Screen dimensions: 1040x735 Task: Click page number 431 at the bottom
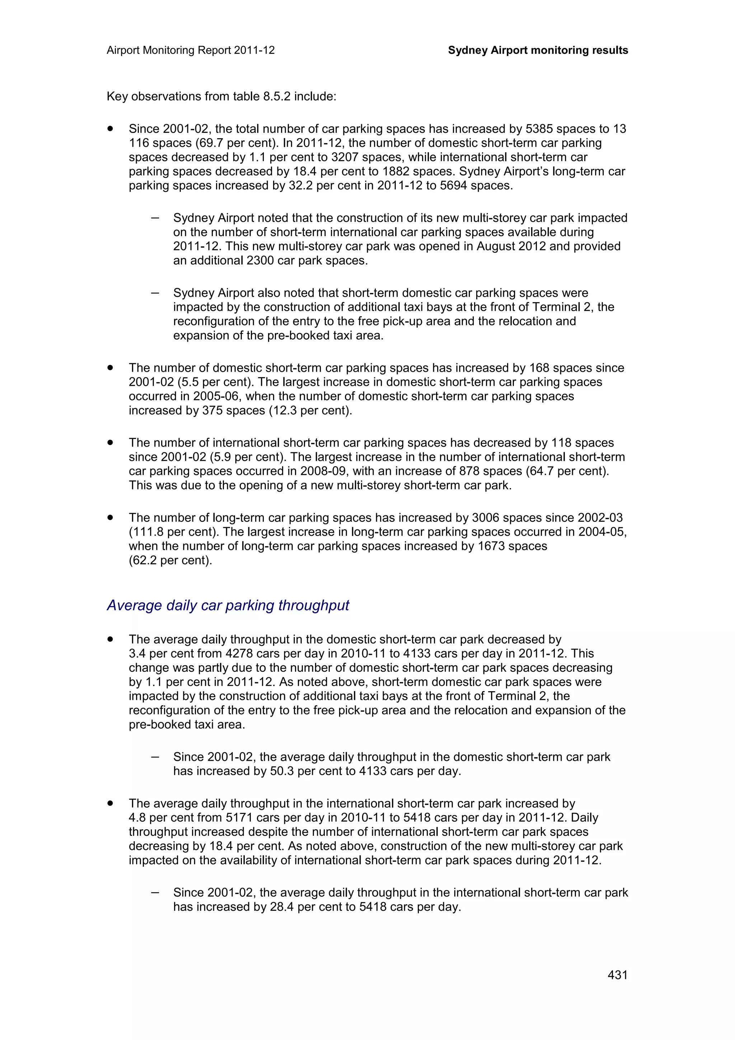[x=617, y=975]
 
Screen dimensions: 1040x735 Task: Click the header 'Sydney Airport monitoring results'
[x=538, y=50]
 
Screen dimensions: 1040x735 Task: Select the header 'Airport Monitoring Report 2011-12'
[x=191, y=50]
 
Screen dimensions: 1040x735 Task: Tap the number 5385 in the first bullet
[x=539, y=129]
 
